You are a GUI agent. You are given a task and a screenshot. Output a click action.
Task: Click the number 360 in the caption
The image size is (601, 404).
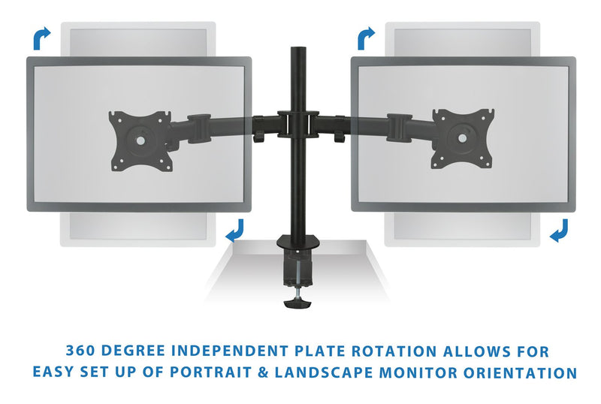click(x=80, y=351)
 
